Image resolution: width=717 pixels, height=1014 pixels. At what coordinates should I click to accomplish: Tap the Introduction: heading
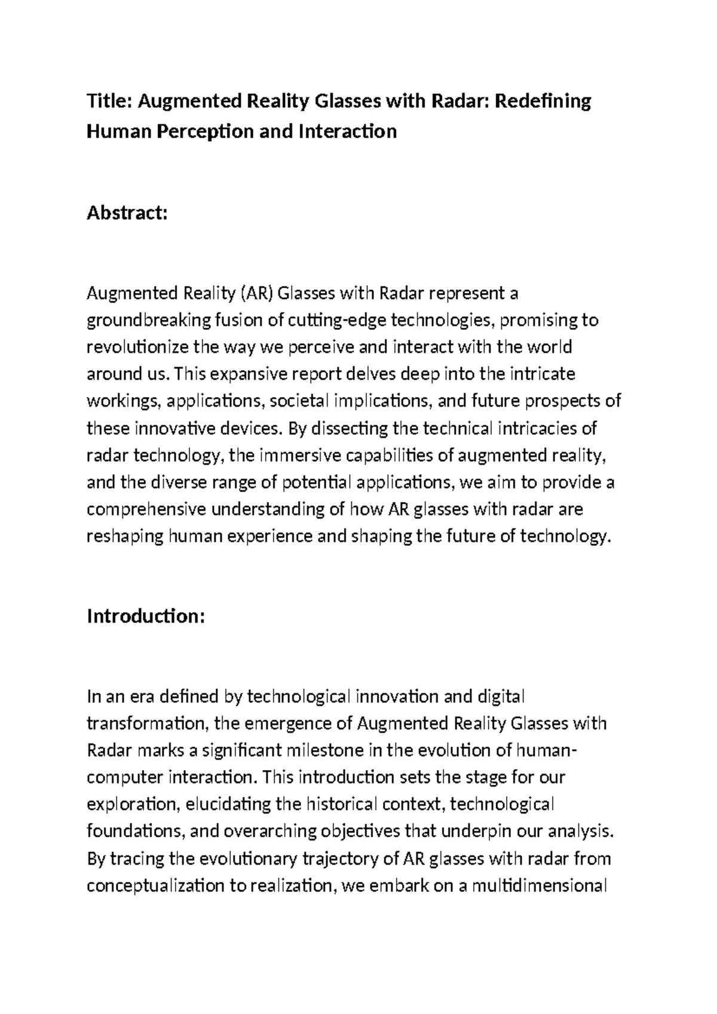(146, 616)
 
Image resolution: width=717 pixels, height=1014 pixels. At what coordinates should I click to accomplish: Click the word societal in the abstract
(301, 401)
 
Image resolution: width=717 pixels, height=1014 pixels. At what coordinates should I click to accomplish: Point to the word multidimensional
(540, 885)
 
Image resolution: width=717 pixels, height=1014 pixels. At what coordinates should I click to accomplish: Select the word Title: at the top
(109, 101)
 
